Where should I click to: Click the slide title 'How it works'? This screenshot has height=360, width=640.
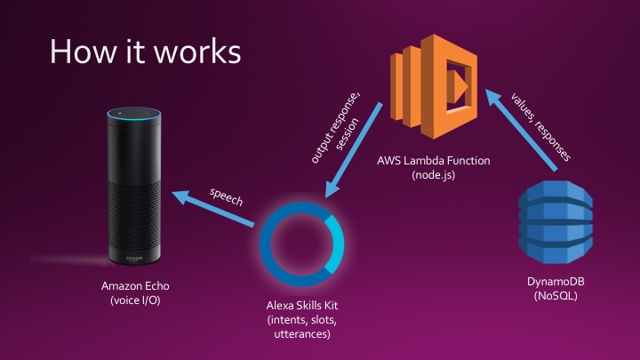pyautogui.click(x=145, y=51)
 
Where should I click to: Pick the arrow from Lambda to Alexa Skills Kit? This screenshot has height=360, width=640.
pyautogui.click(x=354, y=149)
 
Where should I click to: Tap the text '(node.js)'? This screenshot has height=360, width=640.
pyautogui.click(x=433, y=176)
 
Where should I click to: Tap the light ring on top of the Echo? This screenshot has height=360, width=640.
pyautogui.click(x=133, y=114)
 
